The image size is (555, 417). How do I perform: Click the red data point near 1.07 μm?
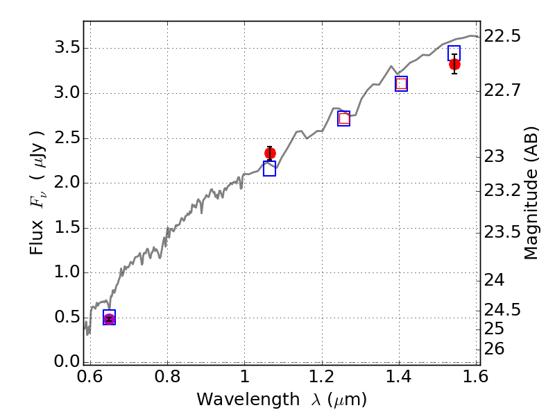pos(270,153)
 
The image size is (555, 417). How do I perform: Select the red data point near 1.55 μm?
pos(454,64)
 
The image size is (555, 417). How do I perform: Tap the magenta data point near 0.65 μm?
pos(109,318)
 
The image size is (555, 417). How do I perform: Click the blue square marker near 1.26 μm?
pos(343,119)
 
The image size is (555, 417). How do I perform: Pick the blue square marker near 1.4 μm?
pos(401,84)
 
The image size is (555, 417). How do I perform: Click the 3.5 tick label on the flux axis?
pos(64,49)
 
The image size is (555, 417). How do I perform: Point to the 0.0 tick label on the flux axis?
pos(64,361)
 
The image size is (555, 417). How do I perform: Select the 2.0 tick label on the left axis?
pos(64,183)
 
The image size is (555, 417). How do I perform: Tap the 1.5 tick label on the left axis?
pos(64,228)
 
